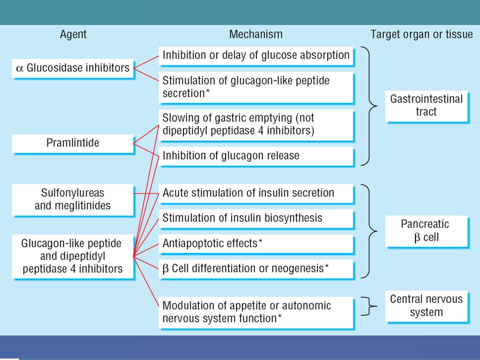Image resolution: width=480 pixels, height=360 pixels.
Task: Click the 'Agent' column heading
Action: [x=73, y=34]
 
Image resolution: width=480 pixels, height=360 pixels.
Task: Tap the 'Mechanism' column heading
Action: [x=256, y=34]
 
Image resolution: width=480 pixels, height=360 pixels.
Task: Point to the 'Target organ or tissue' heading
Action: [x=421, y=34]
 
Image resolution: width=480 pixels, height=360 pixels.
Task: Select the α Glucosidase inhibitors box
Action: [x=73, y=68]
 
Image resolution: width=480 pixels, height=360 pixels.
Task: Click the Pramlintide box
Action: [x=73, y=143]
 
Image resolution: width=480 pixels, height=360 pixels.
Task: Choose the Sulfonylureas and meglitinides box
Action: [x=73, y=200]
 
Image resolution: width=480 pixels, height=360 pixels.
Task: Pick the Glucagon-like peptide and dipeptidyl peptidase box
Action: [x=73, y=256]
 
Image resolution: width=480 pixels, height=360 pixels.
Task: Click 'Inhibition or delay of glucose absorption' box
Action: [x=256, y=56]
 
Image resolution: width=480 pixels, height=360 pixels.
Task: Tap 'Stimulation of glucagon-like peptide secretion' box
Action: [x=256, y=87]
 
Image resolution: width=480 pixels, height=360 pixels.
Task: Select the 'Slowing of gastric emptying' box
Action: [x=256, y=125]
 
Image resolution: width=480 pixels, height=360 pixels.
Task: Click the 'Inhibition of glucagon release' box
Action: [x=256, y=156]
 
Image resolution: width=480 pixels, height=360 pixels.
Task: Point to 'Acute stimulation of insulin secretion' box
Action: [x=256, y=194]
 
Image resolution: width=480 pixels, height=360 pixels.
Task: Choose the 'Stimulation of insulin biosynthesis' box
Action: [x=256, y=219]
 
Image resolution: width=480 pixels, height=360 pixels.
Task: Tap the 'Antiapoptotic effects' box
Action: [x=256, y=244]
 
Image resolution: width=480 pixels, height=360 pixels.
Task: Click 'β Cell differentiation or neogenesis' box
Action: [x=256, y=269]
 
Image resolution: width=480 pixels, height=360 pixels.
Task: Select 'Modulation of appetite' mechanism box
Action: [x=256, y=313]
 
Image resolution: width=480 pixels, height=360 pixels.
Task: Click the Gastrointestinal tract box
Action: [x=426, y=106]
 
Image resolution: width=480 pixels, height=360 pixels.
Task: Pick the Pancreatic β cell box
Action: [x=426, y=231]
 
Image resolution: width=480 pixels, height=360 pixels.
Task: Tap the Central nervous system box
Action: [x=426, y=306]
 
